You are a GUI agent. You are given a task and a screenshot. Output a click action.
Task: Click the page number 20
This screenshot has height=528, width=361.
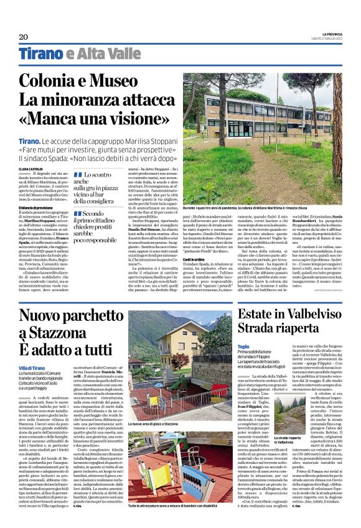24,37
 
